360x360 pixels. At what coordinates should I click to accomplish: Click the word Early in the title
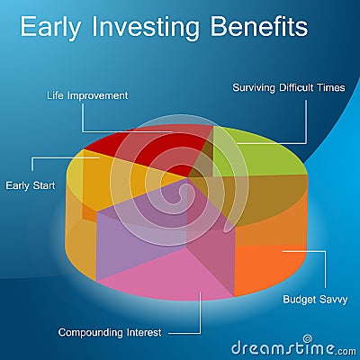tap(50, 28)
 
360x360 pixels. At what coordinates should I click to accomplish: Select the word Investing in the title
tap(146, 28)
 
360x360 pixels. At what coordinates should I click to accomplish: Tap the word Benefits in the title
tap(259, 26)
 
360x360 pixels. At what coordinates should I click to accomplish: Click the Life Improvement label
tap(87, 95)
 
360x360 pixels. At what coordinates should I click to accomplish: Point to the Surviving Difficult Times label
tap(289, 87)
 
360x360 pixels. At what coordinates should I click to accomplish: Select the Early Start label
tap(31, 185)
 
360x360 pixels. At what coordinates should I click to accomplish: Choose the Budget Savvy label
tap(315, 300)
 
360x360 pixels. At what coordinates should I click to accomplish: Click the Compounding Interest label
tap(110, 332)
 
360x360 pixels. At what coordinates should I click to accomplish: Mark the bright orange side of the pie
tap(267, 267)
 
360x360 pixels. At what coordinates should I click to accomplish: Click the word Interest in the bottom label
tap(144, 332)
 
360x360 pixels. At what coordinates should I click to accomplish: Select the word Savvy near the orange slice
tap(333, 300)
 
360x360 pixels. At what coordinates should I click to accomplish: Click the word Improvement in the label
tap(98, 96)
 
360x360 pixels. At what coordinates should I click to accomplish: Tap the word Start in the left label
tap(44, 185)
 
